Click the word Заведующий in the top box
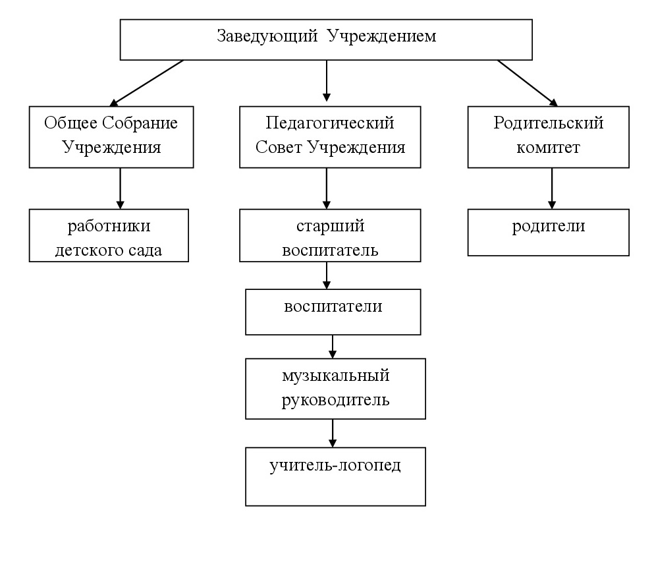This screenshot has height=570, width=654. pos(267,36)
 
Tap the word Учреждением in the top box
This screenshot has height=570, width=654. pos(381,36)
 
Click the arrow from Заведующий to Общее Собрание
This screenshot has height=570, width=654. pos(146,83)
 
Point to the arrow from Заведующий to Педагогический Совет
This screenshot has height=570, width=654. pos(327,80)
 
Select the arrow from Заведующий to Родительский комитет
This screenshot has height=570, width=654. pos(528,83)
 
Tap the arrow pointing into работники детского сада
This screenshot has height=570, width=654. pos(120,188)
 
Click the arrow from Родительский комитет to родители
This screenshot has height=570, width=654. pos(552,188)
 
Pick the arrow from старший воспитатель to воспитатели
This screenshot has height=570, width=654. pos(327,275)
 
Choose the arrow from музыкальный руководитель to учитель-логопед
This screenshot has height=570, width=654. pos(333,433)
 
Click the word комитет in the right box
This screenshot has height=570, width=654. pos(548,148)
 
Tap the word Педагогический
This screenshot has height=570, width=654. pos(330,123)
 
